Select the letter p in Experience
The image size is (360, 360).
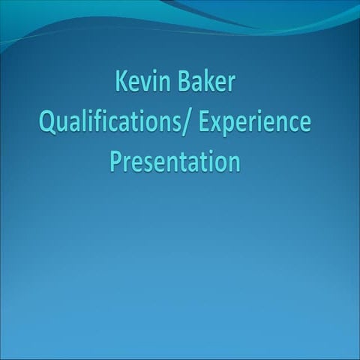[229, 126]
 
